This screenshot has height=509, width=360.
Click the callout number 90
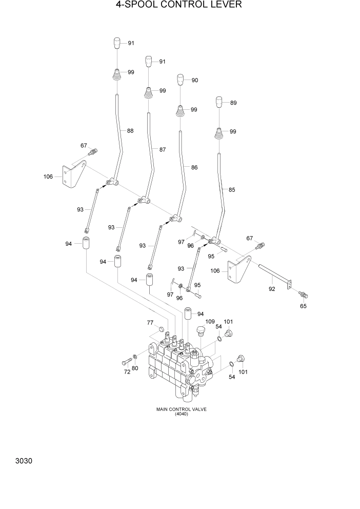(194, 81)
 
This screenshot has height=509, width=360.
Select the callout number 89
(233, 103)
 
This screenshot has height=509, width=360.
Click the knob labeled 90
(181, 80)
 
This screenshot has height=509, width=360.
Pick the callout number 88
(130, 131)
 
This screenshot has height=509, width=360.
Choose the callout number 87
(162, 150)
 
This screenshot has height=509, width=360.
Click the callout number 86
(194, 167)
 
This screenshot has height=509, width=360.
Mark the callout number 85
(232, 190)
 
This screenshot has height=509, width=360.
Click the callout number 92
(272, 289)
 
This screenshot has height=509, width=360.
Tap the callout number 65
(303, 306)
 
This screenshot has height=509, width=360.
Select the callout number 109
(209, 322)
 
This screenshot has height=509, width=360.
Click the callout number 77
(150, 323)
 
